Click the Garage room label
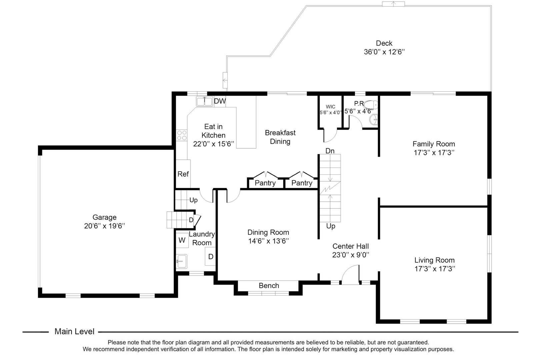pos(105,218)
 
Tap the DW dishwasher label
pos(220,101)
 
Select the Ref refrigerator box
pos(183,174)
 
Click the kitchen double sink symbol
pos(204,101)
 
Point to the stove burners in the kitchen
pos(182,135)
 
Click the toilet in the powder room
pos(371,105)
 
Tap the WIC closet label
pos(330,107)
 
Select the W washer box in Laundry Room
pos(182,240)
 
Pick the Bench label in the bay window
pos(269,286)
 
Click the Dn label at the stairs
pos(330,151)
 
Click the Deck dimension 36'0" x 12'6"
pos(384,52)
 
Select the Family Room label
pos(434,144)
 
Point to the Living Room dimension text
pos(434,269)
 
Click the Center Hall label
pos(351,246)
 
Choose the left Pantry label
pos(265,183)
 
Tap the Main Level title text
pos(74,332)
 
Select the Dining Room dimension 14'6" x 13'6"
pos(268,241)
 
